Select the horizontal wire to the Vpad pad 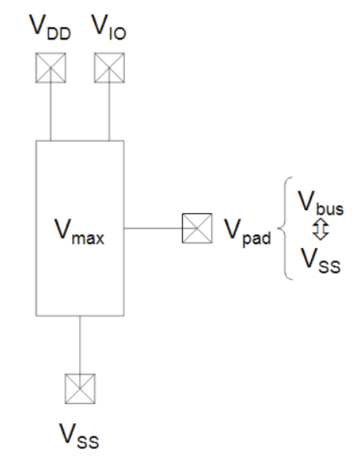(153, 228)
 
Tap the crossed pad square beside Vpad (195, 228)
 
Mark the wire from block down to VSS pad (81, 345)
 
